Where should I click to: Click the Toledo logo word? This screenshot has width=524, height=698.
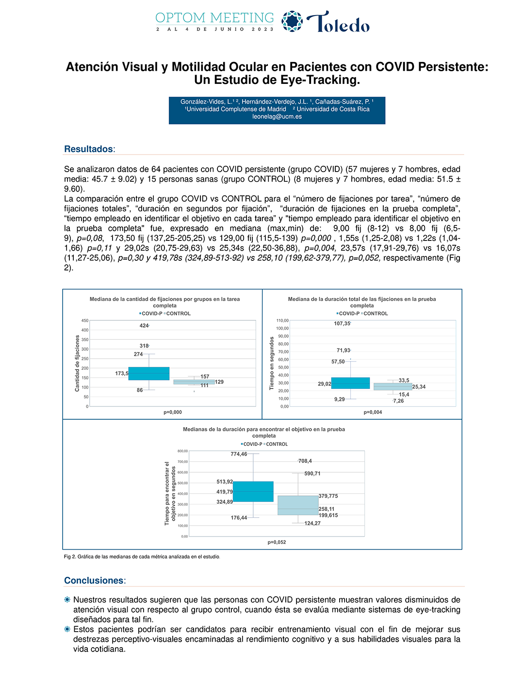(x=338, y=22)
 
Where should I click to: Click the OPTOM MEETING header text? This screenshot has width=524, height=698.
(x=214, y=18)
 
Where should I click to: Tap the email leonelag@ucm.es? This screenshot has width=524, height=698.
(x=277, y=117)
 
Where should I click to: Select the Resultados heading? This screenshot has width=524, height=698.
(x=89, y=149)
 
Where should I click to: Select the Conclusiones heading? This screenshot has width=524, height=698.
(x=94, y=581)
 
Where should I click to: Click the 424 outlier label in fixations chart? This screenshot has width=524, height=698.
(x=144, y=326)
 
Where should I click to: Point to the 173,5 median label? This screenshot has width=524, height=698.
(x=122, y=374)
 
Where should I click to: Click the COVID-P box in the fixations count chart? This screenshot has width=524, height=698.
(x=149, y=374)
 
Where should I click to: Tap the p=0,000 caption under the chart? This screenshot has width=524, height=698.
(x=173, y=412)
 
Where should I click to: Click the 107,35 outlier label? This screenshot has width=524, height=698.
(x=342, y=324)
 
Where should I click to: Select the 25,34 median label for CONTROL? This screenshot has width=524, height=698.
(x=419, y=387)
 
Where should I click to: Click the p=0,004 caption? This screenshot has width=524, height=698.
(x=373, y=412)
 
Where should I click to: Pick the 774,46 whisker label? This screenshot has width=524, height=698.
(x=239, y=454)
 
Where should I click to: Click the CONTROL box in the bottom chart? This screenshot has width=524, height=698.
(x=298, y=505)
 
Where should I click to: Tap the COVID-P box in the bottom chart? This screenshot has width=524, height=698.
(x=253, y=492)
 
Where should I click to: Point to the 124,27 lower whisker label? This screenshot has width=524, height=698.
(x=312, y=523)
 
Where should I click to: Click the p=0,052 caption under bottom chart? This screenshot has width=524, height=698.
(x=277, y=542)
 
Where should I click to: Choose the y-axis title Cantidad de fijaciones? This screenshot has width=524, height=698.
(x=77, y=363)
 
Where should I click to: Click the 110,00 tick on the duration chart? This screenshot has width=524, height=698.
(x=282, y=320)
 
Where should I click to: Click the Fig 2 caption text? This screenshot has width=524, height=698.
(x=142, y=557)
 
